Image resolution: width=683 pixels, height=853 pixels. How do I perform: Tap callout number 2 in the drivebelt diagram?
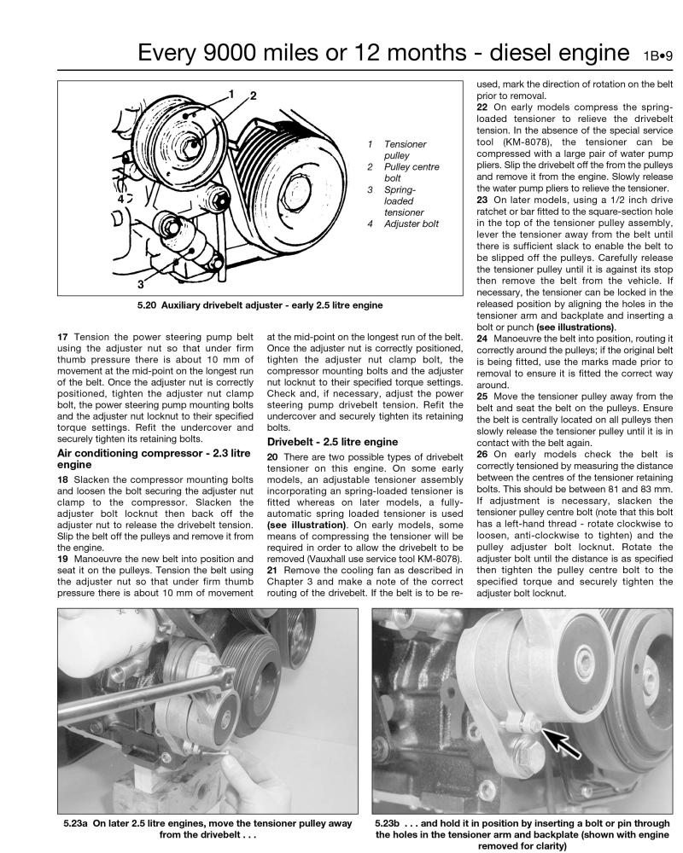254,96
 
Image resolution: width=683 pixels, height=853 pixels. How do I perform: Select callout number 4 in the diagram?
121,200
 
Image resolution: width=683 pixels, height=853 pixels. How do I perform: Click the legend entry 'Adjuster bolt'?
412,223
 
